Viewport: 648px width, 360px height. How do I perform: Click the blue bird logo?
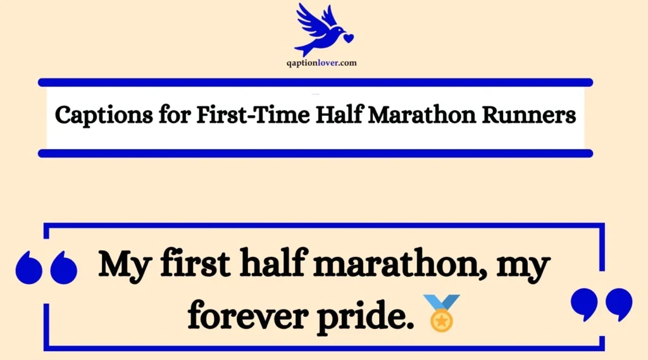coord(321,28)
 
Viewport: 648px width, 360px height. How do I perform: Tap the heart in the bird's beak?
coord(347,37)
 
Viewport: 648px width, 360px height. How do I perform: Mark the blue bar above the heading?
coord(315,82)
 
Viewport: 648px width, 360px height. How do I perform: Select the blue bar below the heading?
coord(315,153)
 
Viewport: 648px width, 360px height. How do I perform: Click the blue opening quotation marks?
coord(46,268)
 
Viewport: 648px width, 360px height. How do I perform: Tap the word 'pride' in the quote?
coord(368,314)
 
